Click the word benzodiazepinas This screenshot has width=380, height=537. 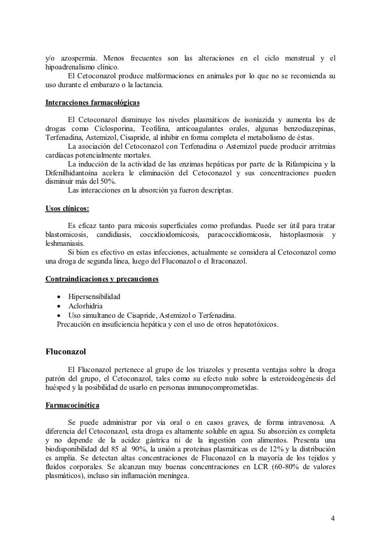[x=303, y=128]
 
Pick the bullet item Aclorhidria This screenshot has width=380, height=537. [x=86, y=306]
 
